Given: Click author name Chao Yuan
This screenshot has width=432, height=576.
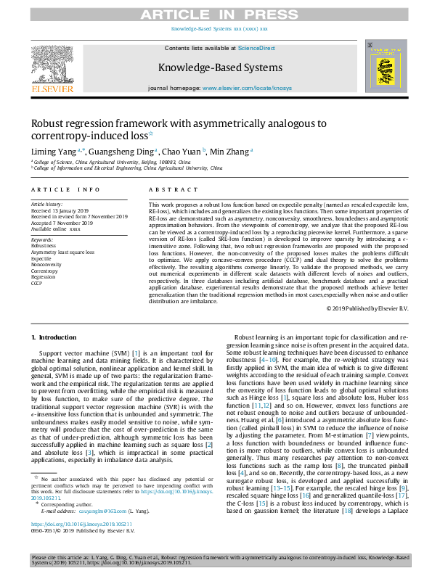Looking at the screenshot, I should click(x=184, y=152).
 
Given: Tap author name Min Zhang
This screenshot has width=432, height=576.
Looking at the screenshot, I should click(x=231, y=152).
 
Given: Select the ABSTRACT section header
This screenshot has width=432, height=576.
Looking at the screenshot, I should click(x=166, y=189).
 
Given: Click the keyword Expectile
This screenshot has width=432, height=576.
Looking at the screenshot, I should click(x=41, y=258).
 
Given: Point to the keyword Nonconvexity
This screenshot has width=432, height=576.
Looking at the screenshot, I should click(x=45, y=263).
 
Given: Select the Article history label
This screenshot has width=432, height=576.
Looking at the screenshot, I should click(x=47, y=205).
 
